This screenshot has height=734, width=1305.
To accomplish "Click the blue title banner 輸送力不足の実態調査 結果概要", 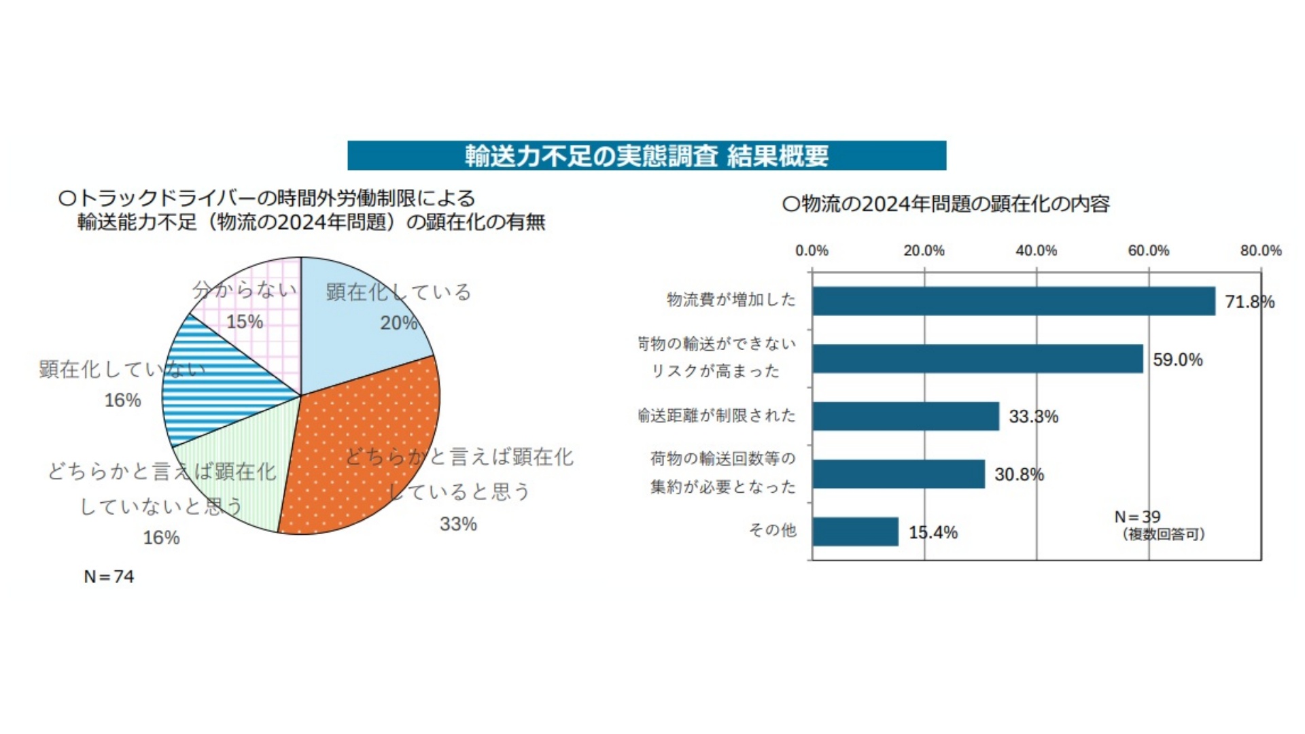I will coord(646,156).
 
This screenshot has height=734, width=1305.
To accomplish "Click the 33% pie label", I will coord(458,524).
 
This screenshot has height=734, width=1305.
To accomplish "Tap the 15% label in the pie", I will coord(245,321).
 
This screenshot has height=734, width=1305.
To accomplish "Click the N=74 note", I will coord(109,576).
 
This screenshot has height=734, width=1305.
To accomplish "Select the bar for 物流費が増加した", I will coord(1013,301).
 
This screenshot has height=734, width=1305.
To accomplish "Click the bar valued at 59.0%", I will coord(977,359).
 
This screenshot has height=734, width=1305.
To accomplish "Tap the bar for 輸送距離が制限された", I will coord(905,416).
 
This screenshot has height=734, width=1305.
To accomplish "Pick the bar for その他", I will coord(855,531).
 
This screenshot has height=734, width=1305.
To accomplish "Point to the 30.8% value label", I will coord(1019,474).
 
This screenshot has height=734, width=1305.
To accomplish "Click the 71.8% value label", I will coord(1249,302).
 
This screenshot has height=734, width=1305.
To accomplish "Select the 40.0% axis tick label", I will coord(1036,251).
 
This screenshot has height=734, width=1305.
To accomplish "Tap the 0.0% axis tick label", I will coord(812,251).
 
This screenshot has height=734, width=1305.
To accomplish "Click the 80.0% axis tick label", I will coord(1260,251).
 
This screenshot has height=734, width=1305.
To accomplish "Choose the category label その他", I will coord(772,530).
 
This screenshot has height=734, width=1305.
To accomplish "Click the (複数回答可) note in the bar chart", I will coord(1163,534).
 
